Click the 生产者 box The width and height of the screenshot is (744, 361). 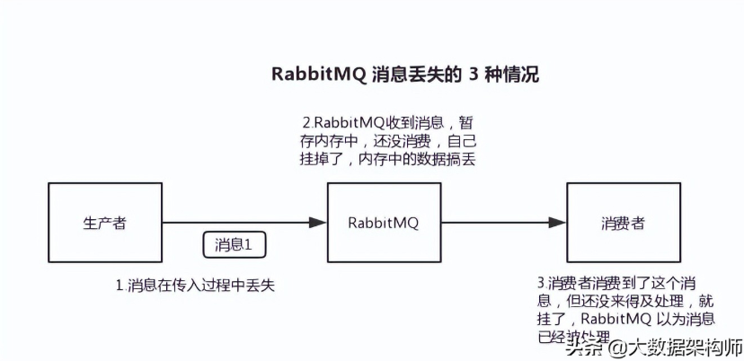click(x=105, y=223)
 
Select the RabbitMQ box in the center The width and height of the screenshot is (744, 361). click(x=384, y=223)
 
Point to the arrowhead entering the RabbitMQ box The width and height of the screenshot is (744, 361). click(x=317, y=223)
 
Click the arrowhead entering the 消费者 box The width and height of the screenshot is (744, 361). click(x=557, y=223)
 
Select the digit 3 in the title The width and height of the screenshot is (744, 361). click(x=473, y=75)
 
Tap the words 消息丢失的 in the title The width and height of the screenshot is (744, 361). click(x=417, y=75)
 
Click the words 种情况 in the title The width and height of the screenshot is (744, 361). click(x=512, y=75)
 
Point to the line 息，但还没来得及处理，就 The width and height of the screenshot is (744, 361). click(x=620, y=301)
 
